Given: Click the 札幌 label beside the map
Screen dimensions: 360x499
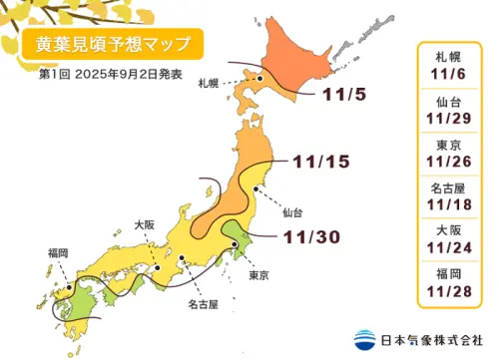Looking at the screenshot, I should click(x=208, y=83).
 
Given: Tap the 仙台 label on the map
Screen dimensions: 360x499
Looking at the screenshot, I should click(x=291, y=212).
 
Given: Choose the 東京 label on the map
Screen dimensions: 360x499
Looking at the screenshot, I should click(x=258, y=274).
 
